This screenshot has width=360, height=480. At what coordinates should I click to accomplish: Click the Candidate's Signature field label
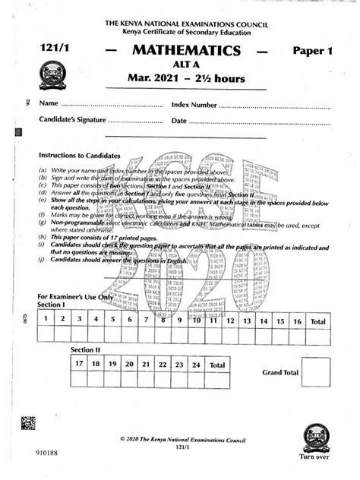pyautogui.click(x=71, y=121)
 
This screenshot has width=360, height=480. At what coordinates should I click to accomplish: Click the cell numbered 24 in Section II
pyautogui.click(x=197, y=364)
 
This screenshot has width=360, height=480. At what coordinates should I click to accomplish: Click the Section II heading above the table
pyautogui.click(x=86, y=349)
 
